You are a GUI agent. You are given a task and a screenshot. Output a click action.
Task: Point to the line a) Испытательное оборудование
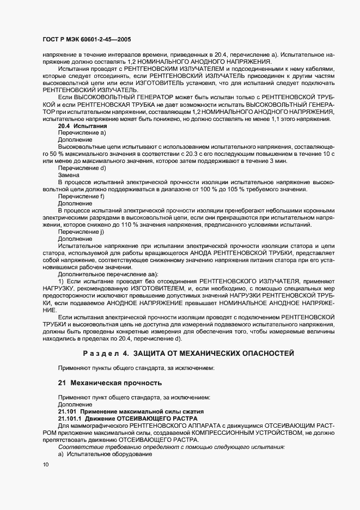105,454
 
